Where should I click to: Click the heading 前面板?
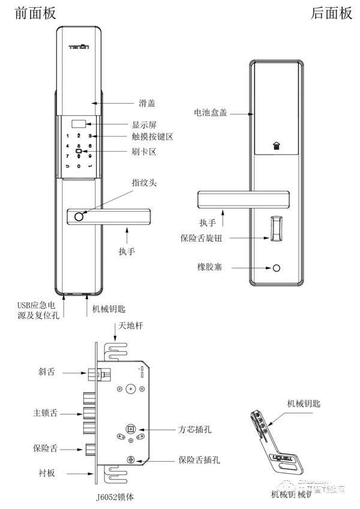(35, 13)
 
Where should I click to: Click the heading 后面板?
(331, 13)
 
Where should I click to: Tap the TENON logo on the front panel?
(79, 45)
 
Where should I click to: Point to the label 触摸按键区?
(152, 137)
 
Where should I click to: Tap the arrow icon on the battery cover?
(275, 145)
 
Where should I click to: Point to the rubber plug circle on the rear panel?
(277, 268)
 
